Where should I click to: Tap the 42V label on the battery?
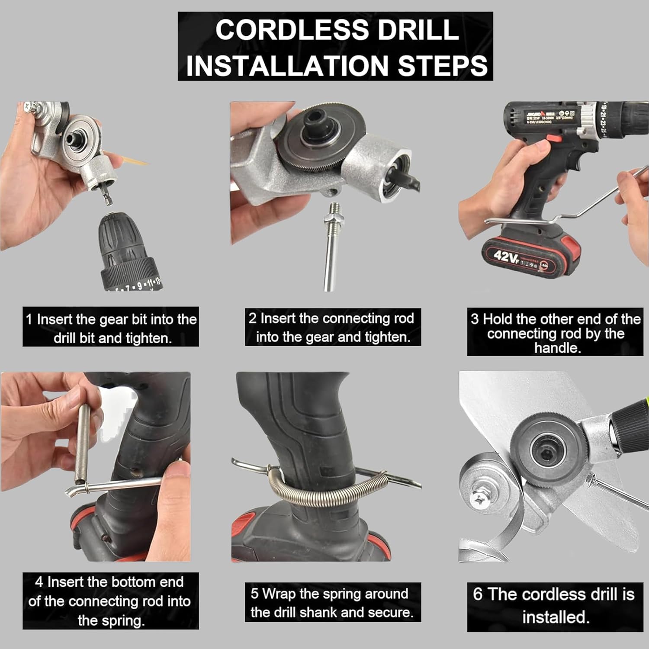[x=506, y=256]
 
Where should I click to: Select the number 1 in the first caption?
[x=29, y=320]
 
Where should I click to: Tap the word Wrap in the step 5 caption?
[x=279, y=594]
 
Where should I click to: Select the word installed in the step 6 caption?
[x=556, y=617]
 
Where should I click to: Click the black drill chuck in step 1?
[x=125, y=251]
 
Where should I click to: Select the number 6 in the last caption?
[x=477, y=594]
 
